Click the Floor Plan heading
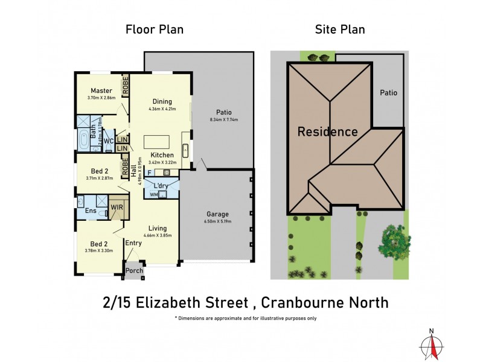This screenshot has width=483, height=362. pos(154,29)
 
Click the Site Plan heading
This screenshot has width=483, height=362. pos(341,29)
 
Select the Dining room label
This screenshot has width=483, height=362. pos(162,101)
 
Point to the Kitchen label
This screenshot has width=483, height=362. pos(162,155)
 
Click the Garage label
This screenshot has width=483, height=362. pos(218,214)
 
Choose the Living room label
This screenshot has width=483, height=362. pos(158,228)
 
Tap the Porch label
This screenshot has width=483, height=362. pos(134,270)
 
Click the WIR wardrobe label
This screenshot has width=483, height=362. pos(117,208)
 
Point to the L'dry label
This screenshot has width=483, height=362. pos(161,185)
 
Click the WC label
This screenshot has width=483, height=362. pos(109,141)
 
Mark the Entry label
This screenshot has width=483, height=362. pos(133,243)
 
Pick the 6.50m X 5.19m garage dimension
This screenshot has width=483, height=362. pos(218,221)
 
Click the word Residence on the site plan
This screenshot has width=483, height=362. pos(327,132)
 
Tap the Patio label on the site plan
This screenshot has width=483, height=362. pos(388,93)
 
